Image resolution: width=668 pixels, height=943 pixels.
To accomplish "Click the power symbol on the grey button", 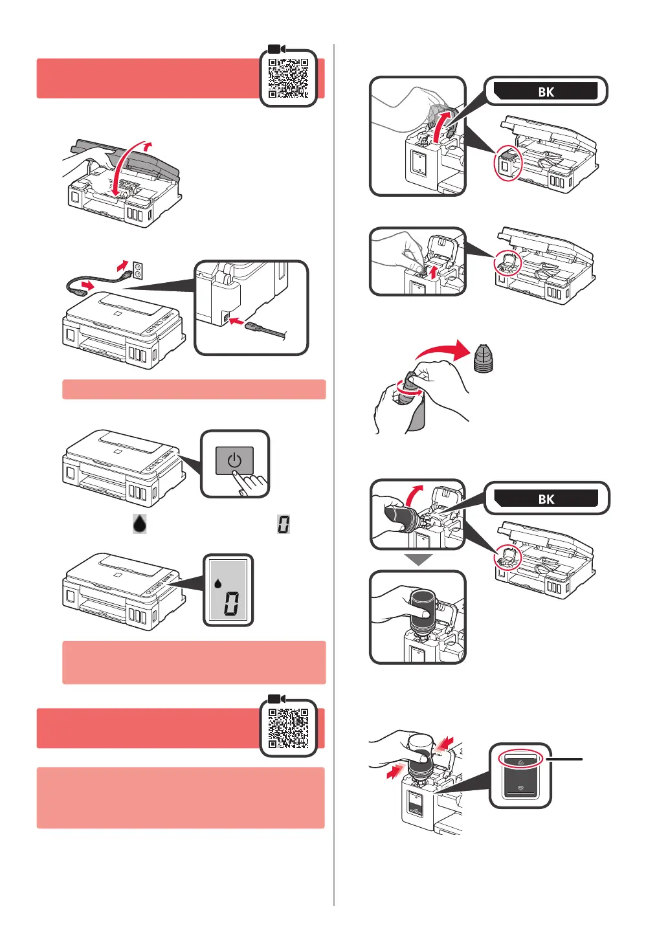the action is pos(234,461).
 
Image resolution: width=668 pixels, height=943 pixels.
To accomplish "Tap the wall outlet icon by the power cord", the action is pos(138,271).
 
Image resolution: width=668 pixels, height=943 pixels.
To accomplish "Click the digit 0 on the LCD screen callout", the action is pos(230,603).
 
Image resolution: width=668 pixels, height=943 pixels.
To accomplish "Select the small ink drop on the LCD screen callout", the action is pos(217,583).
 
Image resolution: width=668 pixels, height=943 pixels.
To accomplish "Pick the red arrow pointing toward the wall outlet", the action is pos(122,266).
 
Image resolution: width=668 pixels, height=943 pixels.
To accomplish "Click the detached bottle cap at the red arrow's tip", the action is pos(483,359).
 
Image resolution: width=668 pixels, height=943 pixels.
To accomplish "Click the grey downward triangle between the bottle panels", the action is pos(418,560).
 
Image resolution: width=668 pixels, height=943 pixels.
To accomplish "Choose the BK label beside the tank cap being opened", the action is pos(546,91).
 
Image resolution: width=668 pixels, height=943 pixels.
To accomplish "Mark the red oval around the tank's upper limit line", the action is pos(520,759).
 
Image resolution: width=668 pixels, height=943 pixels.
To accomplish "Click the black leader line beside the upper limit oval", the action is pos(564,759).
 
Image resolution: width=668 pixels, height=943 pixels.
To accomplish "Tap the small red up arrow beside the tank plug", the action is pos(432,272).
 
